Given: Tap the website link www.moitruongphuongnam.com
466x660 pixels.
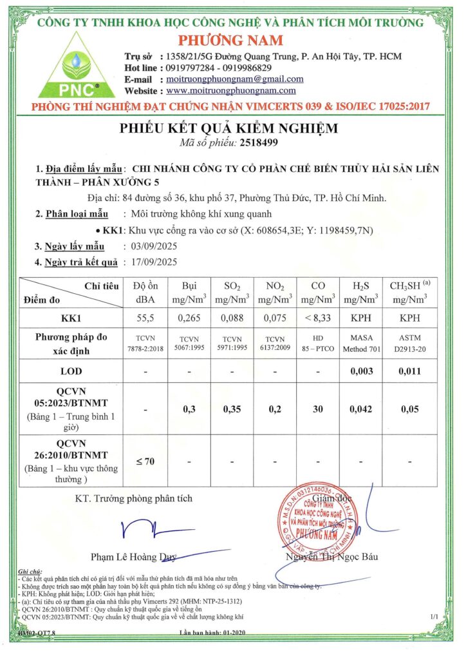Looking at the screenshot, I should [230, 91].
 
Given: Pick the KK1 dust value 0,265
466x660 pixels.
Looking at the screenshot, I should [190, 318].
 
